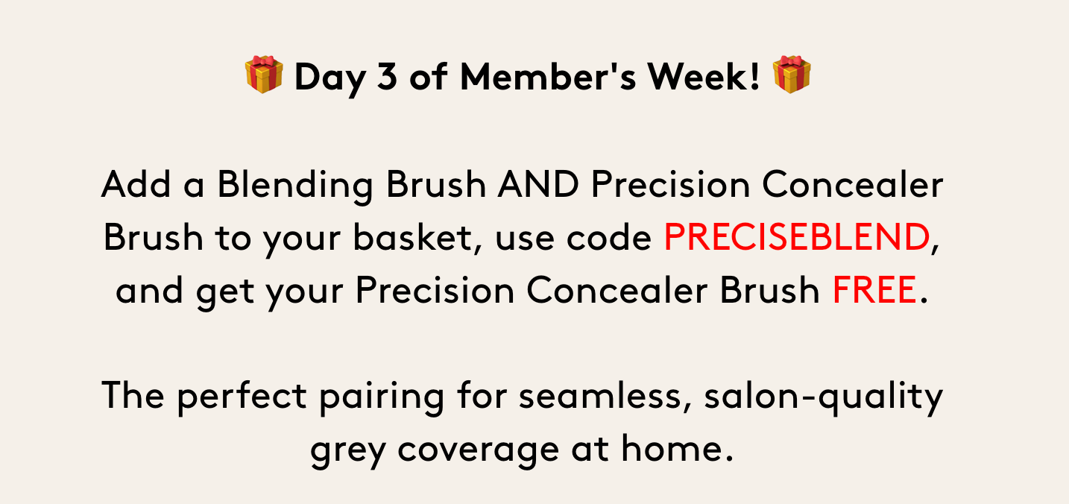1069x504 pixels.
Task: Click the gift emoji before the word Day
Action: [264, 74]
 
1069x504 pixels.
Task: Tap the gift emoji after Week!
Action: [792, 74]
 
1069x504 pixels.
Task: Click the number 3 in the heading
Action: [387, 76]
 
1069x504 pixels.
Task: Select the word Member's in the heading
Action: [548, 76]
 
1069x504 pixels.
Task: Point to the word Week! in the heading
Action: [703, 76]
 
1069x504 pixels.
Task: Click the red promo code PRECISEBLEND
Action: [796, 237]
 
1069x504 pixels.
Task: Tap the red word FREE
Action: [874, 290]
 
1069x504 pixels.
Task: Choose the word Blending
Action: [295, 185]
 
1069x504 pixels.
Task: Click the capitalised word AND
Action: [537, 184]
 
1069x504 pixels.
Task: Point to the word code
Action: [608, 237]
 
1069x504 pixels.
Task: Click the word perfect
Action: [242, 396]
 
